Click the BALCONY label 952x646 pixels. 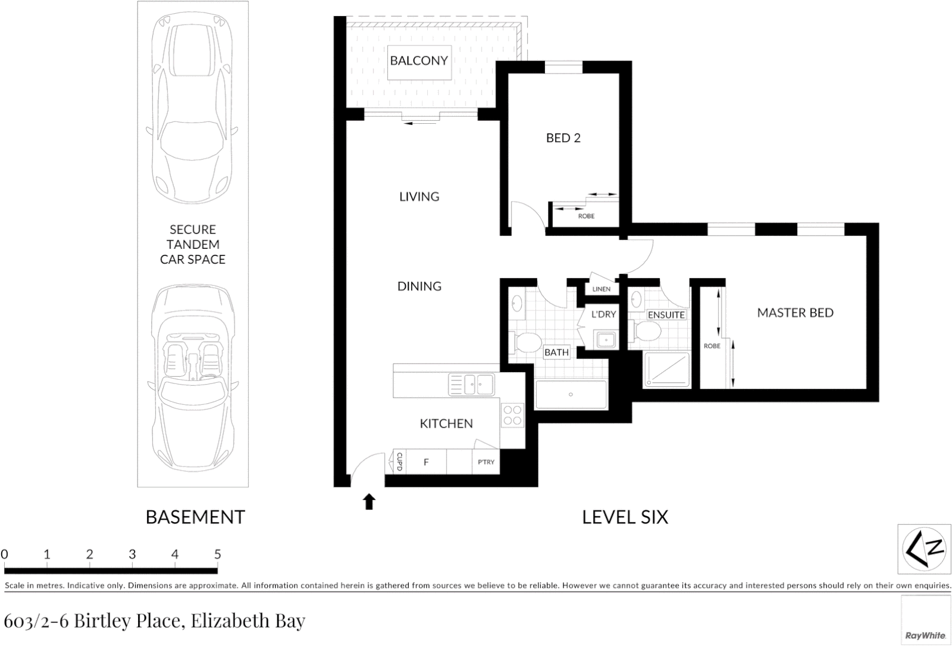pos(418,60)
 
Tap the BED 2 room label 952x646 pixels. pos(563,138)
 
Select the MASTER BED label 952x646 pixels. pos(795,313)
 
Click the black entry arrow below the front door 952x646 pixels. pos(369,501)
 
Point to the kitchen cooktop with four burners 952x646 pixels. pos(512,415)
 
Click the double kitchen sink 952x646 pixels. pos(472,385)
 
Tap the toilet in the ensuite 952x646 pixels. pos(647,331)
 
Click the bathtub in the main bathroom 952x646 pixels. pos(571,395)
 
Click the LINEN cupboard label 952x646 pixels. pos(601,289)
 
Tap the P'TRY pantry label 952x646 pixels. pos(486,462)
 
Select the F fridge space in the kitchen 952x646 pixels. pos(426,462)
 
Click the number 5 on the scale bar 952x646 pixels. pos(218,554)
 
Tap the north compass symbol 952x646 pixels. pos(924,549)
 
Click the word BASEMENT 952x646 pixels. pos(195,517)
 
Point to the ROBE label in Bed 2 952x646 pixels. pos(586,216)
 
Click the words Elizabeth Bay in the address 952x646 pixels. pos(248,621)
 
